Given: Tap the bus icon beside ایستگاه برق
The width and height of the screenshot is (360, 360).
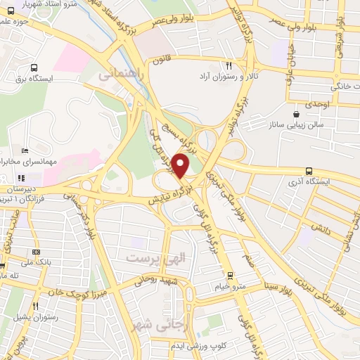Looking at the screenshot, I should pyautogui.click(x=34, y=68).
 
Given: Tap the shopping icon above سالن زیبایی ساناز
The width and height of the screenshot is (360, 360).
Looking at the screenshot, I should pyautogui.click(x=297, y=112).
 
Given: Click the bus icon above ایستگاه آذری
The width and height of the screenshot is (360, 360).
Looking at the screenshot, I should pyautogui.click(x=309, y=171).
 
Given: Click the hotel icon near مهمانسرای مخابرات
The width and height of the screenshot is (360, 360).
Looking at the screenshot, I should pyautogui.click(x=25, y=150).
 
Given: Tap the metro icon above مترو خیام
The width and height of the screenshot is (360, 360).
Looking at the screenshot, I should pyautogui.click(x=229, y=275).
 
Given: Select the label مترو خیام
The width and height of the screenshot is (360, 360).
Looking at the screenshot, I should pyautogui.click(x=230, y=286).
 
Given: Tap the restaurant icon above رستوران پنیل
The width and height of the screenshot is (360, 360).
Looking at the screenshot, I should pyautogui.click(x=36, y=306).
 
